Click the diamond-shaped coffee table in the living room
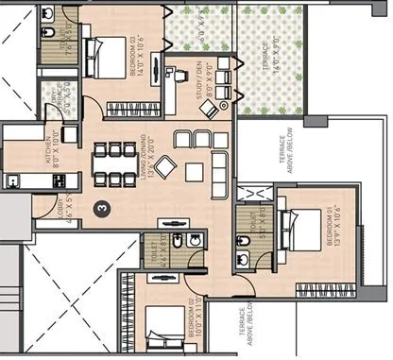pyautogui.click(x=166, y=168)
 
